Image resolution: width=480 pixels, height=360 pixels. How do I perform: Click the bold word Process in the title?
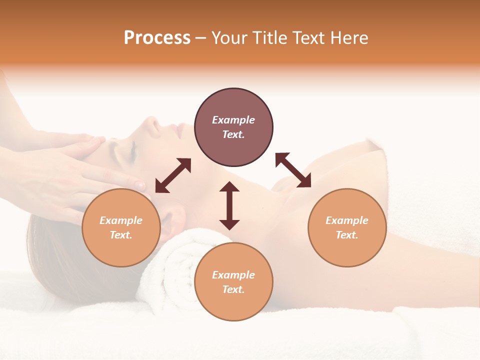click(x=157, y=38)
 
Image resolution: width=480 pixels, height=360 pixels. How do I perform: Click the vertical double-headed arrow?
click(x=229, y=205)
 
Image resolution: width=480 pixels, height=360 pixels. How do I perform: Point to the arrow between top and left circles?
click(x=173, y=175)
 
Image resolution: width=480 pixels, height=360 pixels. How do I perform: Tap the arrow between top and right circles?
click(x=293, y=170)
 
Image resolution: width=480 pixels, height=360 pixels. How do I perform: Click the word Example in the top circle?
click(x=233, y=120)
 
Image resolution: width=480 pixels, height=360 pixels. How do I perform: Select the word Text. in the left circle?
click(x=121, y=235)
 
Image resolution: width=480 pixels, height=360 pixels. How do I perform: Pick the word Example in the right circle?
click(x=347, y=220)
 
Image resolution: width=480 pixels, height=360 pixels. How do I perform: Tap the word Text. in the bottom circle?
click(x=233, y=289)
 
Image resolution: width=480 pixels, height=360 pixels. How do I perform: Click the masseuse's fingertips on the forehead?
click(x=97, y=142)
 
